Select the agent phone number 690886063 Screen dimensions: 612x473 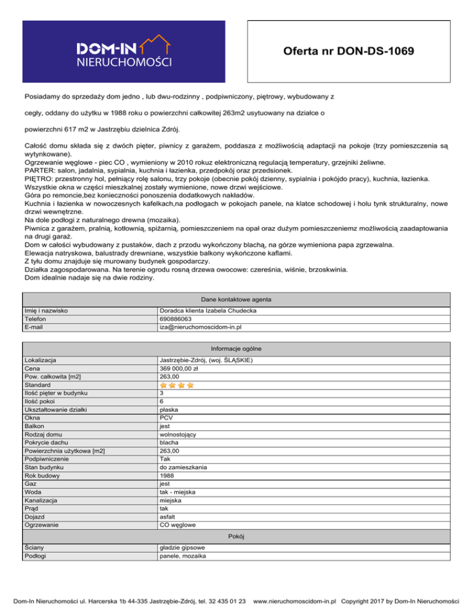(176, 320)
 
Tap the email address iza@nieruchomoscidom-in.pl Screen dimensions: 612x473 (200, 328)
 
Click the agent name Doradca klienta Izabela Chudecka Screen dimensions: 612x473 (208, 312)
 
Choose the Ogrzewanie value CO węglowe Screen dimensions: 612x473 (178, 525)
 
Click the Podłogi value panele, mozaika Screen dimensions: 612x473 (182, 556)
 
